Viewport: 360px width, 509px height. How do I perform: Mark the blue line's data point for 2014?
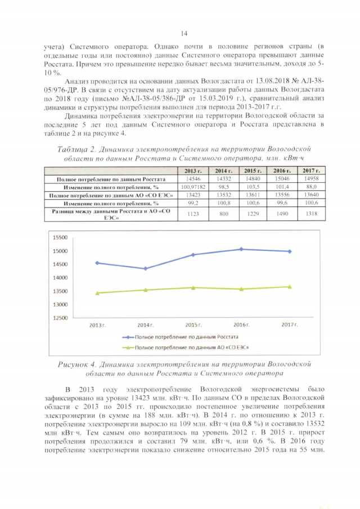point(146,268)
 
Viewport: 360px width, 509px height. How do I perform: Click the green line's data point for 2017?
point(290,286)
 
